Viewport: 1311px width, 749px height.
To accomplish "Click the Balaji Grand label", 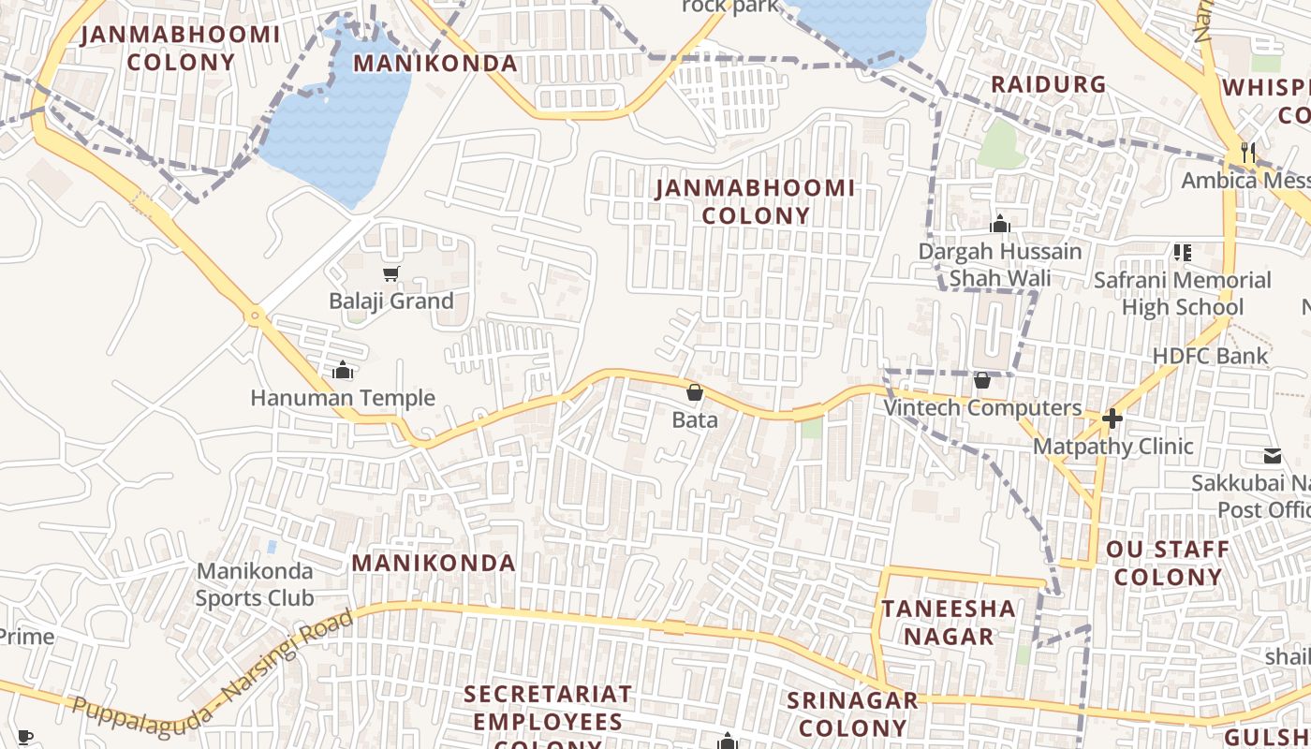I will coord(390,301).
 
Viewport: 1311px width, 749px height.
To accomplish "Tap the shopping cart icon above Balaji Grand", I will coord(390,274).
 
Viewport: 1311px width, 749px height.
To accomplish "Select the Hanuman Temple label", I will coord(343,398).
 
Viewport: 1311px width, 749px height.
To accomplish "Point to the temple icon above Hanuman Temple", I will coord(343,371).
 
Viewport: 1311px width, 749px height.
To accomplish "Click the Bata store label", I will coord(695,419).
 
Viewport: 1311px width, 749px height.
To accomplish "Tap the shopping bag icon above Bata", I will coord(695,392).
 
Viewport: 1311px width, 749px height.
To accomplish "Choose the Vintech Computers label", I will coord(982,408).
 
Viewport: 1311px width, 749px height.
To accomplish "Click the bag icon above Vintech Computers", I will coord(982,380).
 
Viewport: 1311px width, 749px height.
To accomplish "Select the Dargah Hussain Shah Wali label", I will coord(999,265).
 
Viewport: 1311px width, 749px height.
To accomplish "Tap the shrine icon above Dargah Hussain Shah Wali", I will coord(1000,224).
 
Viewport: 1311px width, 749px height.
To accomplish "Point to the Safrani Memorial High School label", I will coord(1182,293).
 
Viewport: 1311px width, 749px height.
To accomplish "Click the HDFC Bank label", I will coord(1210,356).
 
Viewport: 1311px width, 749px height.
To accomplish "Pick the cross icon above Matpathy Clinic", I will coord(1112,419).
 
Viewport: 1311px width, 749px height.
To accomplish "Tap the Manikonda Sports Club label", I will coord(255,584).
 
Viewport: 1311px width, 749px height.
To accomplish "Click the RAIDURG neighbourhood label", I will coord(1048,84).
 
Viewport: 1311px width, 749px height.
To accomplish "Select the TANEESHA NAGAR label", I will coord(948,623).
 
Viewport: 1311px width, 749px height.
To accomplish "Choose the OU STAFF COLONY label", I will coord(1168,563).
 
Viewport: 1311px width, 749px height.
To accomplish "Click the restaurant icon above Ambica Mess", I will coord(1247,152).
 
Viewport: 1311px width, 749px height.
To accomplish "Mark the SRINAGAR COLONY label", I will coord(852,713).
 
